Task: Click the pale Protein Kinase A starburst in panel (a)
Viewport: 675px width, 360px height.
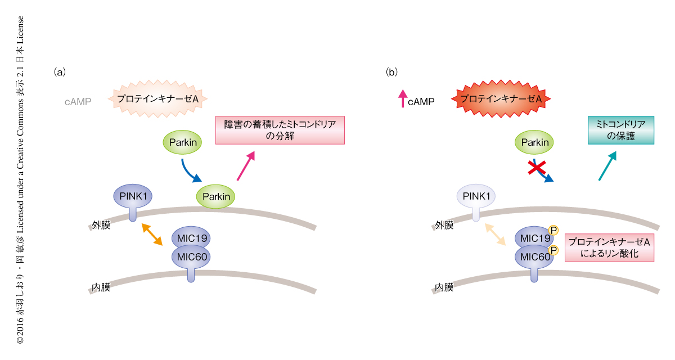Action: (x=158, y=98)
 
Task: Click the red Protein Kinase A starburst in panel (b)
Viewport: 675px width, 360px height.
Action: (x=501, y=99)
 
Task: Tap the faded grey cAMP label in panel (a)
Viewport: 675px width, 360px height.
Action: (x=78, y=102)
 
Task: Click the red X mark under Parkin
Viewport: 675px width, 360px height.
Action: (x=538, y=168)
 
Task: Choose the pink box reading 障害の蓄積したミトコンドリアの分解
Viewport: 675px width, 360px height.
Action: (x=280, y=130)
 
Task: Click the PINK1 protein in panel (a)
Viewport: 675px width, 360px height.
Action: (x=133, y=197)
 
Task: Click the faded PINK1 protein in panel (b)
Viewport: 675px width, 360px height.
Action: (x=476, y=197)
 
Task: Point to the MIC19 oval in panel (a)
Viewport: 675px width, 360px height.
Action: (x=190, y=238)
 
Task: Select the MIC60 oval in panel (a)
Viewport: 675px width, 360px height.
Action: (x=190, y=256)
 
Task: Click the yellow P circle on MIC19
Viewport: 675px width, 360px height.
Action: (x=553, y=230)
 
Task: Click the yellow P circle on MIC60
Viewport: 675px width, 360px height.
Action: (x=553, y=250)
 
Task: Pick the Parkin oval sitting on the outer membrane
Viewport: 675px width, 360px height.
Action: (x=216, y=196)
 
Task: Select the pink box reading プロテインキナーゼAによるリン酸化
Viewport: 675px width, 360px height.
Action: (x=609, y=247)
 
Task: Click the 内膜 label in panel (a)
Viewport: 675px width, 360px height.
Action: (x=101, y=289)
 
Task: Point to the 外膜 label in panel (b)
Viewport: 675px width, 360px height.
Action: (x=444, y=226)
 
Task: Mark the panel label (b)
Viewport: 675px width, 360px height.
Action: (x=391, y=72)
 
